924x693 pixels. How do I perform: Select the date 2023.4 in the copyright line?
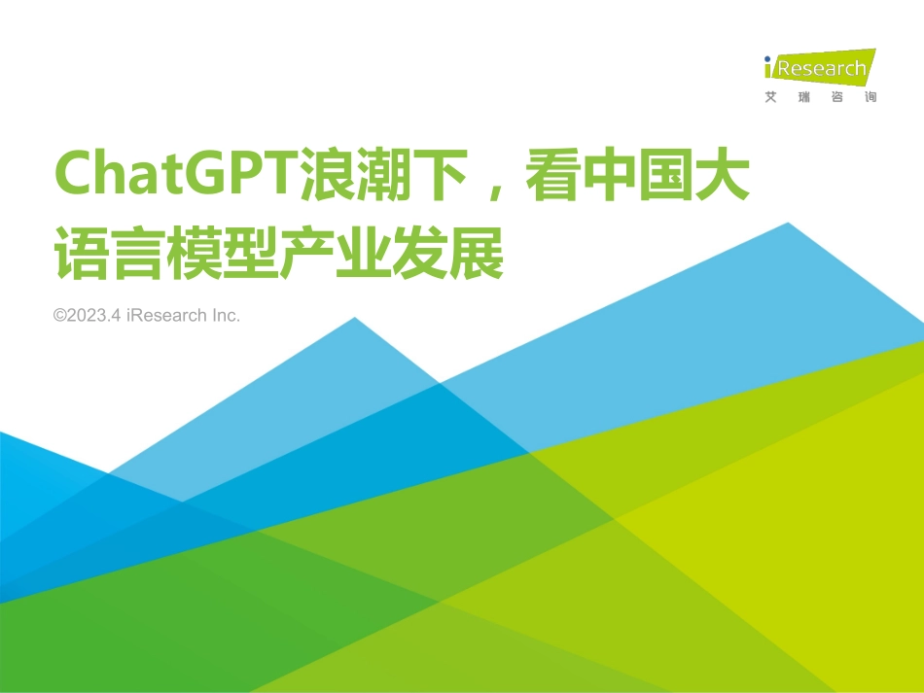click(x=94, y=316)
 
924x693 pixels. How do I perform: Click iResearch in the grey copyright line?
click(x=166, y=316)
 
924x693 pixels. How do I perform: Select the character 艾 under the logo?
click(x=771, y=97)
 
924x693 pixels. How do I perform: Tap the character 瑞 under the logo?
click(x=803, y=97)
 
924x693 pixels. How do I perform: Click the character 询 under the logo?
click(x=870, y=97)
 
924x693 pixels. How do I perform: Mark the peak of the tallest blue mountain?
click(x=788, y=225)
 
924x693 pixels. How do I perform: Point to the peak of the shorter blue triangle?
click(x=355, y=319)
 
